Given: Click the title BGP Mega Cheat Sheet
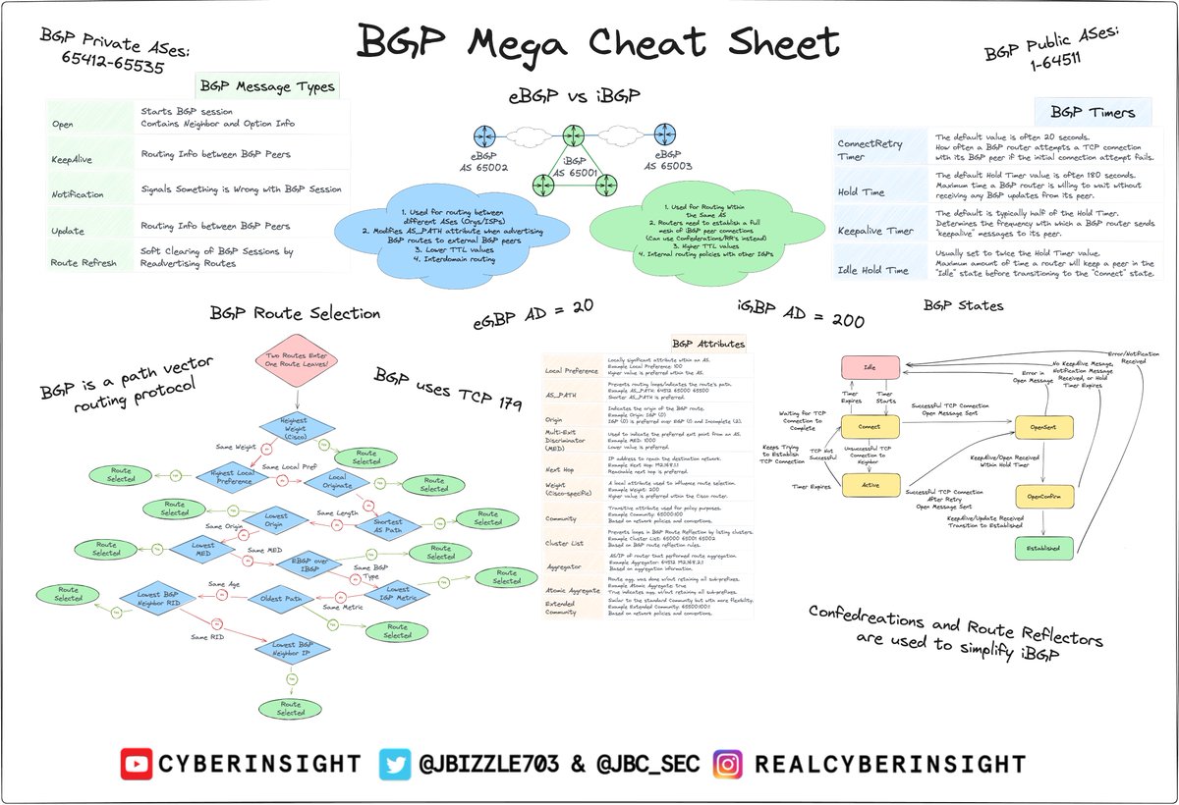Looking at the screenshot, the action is [598, 44].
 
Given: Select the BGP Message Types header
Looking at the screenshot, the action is [267, 86].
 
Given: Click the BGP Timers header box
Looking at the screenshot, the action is [1092, 112].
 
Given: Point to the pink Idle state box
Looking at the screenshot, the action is [869, 367].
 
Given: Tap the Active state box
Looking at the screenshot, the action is [870, 484].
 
